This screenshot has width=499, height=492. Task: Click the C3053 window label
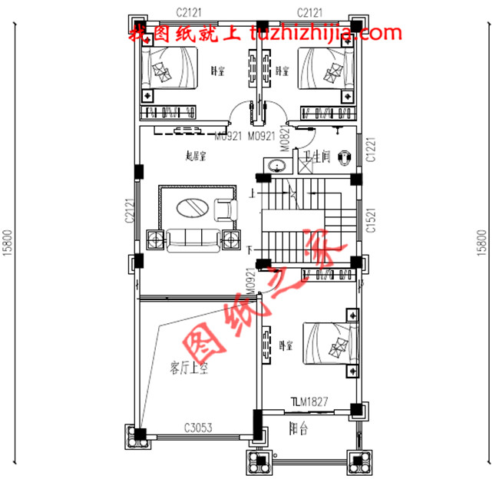[x=198, y=427]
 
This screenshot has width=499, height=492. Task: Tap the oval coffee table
[x=191, y=207]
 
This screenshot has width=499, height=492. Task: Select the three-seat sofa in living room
[x=192, y=240]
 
